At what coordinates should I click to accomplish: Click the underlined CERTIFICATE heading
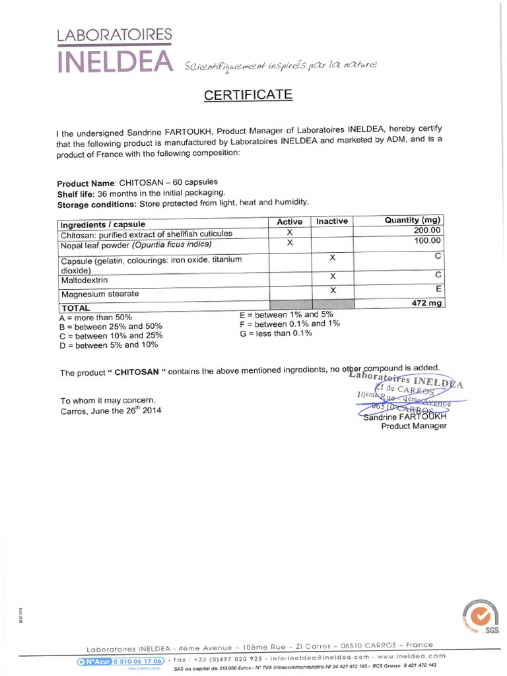tap(248, 95)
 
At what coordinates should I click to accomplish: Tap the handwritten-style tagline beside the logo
tap(281, 65)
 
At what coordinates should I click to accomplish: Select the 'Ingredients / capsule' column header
tap(103, 224)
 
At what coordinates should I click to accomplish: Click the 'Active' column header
tap(289, 222)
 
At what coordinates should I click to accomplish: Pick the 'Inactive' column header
tap(332, 221)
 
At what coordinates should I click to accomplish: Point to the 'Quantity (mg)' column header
tap(413, 220)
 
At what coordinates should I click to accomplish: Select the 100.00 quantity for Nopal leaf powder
tap(427, 241)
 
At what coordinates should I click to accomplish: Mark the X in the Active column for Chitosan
tap(289, 232)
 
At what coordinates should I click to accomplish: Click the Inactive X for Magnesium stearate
tap(333, 290)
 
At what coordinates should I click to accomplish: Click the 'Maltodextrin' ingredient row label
tap(84, 281)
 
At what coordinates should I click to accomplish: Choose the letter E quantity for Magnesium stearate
tap(438, 288)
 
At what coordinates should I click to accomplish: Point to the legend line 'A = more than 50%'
tap(96, 317)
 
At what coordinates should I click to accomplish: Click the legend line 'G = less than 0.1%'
tap(276, 333)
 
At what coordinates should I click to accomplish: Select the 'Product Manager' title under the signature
tap(414, 426)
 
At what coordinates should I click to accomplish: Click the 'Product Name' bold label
tap(86, 184)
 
